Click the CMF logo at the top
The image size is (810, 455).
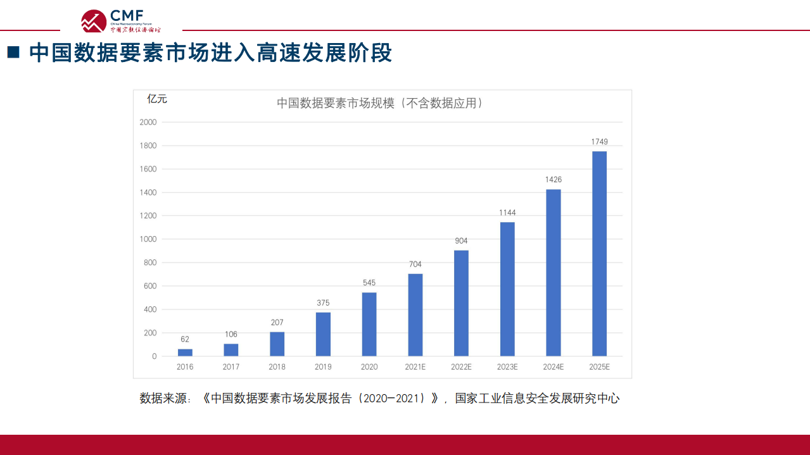click(121, 21)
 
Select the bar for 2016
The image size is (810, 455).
click(185, 352)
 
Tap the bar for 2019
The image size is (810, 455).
click(323, 334)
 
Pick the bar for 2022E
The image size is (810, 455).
click(461, 303)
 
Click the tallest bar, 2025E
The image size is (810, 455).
click(599, 254)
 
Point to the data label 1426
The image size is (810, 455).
click(554, 180)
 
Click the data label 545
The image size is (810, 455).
click(369, 283)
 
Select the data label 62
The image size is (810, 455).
click(185, 339)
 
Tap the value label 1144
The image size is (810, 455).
click(507, 213)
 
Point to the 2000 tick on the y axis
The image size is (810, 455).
click(148, 122)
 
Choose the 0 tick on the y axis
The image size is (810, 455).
click(154, 356)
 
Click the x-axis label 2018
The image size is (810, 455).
click(277, 367)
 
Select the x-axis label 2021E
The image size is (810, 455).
click(415, 367)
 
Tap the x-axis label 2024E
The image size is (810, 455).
click(554, 367)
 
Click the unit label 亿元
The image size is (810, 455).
click(157, 99)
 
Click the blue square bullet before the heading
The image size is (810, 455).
click(13, 53)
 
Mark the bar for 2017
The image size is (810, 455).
click(231, 350)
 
